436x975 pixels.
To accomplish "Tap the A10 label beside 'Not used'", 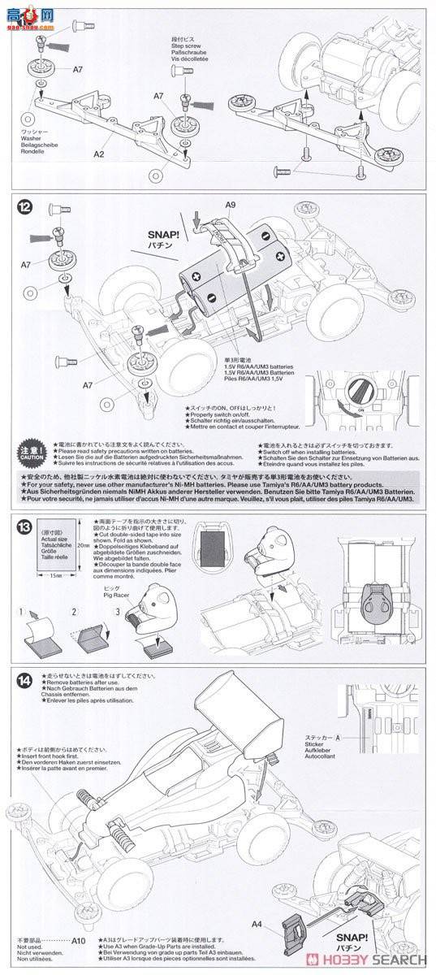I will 78,941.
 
